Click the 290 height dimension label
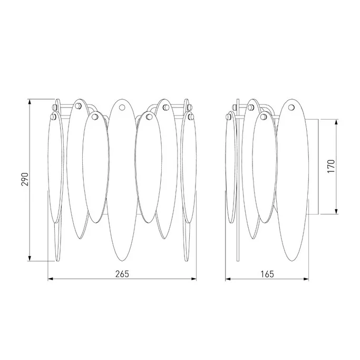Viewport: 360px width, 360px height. (x=25, y=179)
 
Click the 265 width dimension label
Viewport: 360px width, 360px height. (x=122, y=274)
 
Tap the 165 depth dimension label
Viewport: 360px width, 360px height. (x=267, y=274)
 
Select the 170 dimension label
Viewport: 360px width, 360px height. (x=332, y=166)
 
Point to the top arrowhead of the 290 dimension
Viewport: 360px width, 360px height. (x=30, y=102)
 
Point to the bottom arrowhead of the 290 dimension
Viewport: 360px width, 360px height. (x=30, y=258)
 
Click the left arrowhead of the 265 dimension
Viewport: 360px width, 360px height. (x=50, y=279)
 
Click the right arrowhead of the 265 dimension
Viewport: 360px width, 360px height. (x=194, y=279)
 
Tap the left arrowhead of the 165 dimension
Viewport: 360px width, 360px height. (x=228, y=279)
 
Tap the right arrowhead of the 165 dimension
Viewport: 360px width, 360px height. (x=306, y=279)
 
